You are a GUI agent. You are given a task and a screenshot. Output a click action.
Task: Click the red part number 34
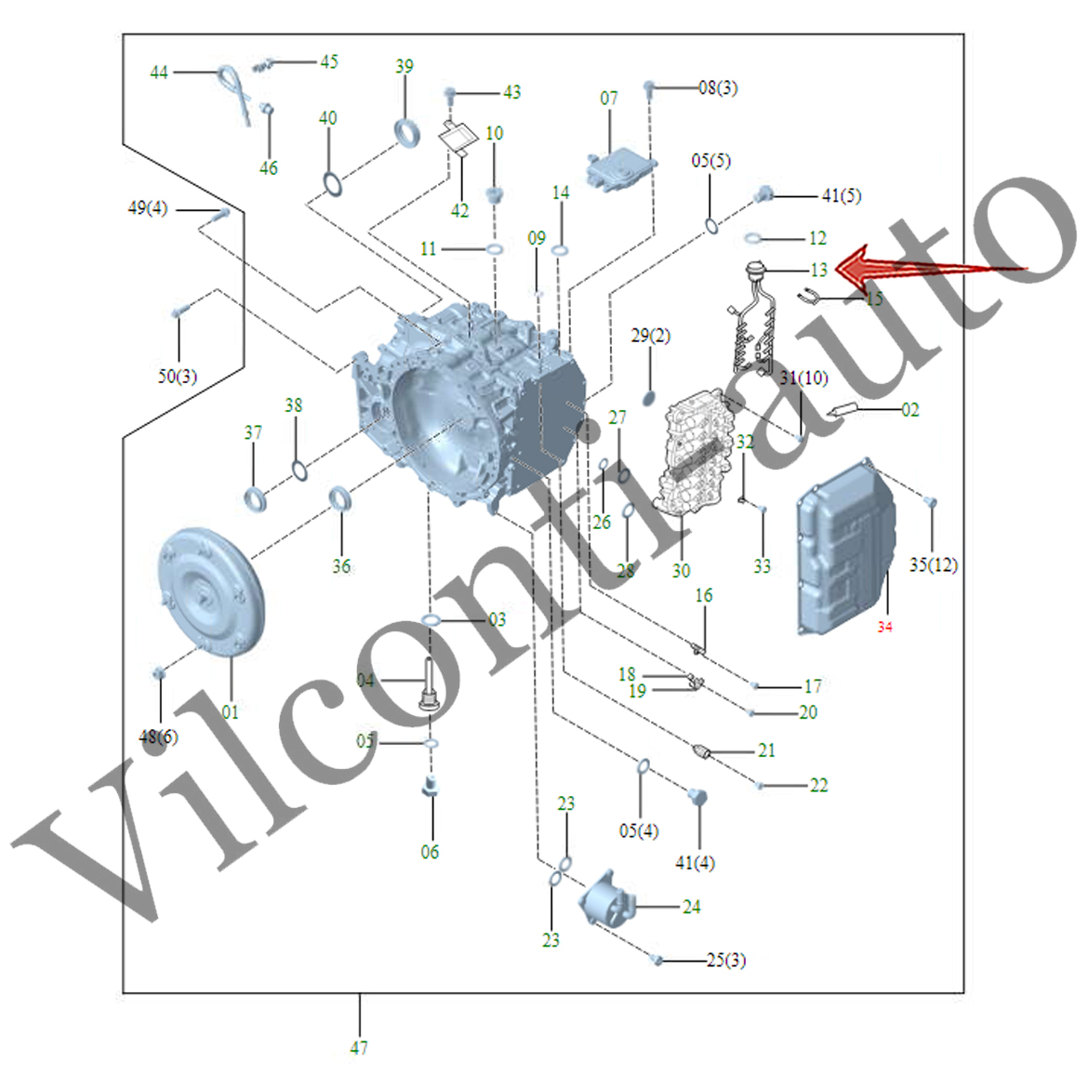[884, 628]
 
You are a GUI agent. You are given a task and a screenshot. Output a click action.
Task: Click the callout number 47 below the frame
[359, 1048]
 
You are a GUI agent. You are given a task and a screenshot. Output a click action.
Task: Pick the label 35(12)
[933, 564]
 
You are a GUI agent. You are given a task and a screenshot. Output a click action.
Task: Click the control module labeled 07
[618, 168]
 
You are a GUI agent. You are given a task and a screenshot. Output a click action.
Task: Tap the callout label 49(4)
[147, 207]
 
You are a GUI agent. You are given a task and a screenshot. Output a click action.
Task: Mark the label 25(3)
[725, 960]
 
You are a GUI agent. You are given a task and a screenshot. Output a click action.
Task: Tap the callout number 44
[159, 72]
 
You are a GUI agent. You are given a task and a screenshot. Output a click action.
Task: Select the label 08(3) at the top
[718, 87]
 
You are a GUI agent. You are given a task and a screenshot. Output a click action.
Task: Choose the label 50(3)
[177, 377]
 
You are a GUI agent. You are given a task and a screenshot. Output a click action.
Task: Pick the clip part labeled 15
[808, 298]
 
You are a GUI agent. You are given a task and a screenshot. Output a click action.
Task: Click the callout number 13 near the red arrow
[818, 270]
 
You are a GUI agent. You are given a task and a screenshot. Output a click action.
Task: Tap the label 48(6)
[158, 736]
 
